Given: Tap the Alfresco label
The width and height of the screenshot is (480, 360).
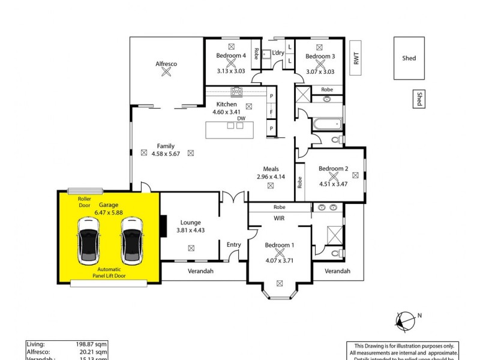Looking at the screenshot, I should (166, 64).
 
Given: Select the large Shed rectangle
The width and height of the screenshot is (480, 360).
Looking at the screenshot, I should (409, 58).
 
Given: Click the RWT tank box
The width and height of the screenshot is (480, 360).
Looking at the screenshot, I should (356, 58).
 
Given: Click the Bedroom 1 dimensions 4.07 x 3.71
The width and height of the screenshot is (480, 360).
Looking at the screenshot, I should (279, 260).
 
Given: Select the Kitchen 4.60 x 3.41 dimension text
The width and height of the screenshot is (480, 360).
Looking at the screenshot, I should (226, 112).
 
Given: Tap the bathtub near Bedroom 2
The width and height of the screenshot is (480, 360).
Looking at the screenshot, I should (326, 125).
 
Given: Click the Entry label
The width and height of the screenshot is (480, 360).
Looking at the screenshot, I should (233, 244).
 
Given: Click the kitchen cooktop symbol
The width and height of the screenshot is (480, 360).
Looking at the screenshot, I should (236, 92).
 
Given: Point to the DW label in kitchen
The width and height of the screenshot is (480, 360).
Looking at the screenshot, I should (241, 119).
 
